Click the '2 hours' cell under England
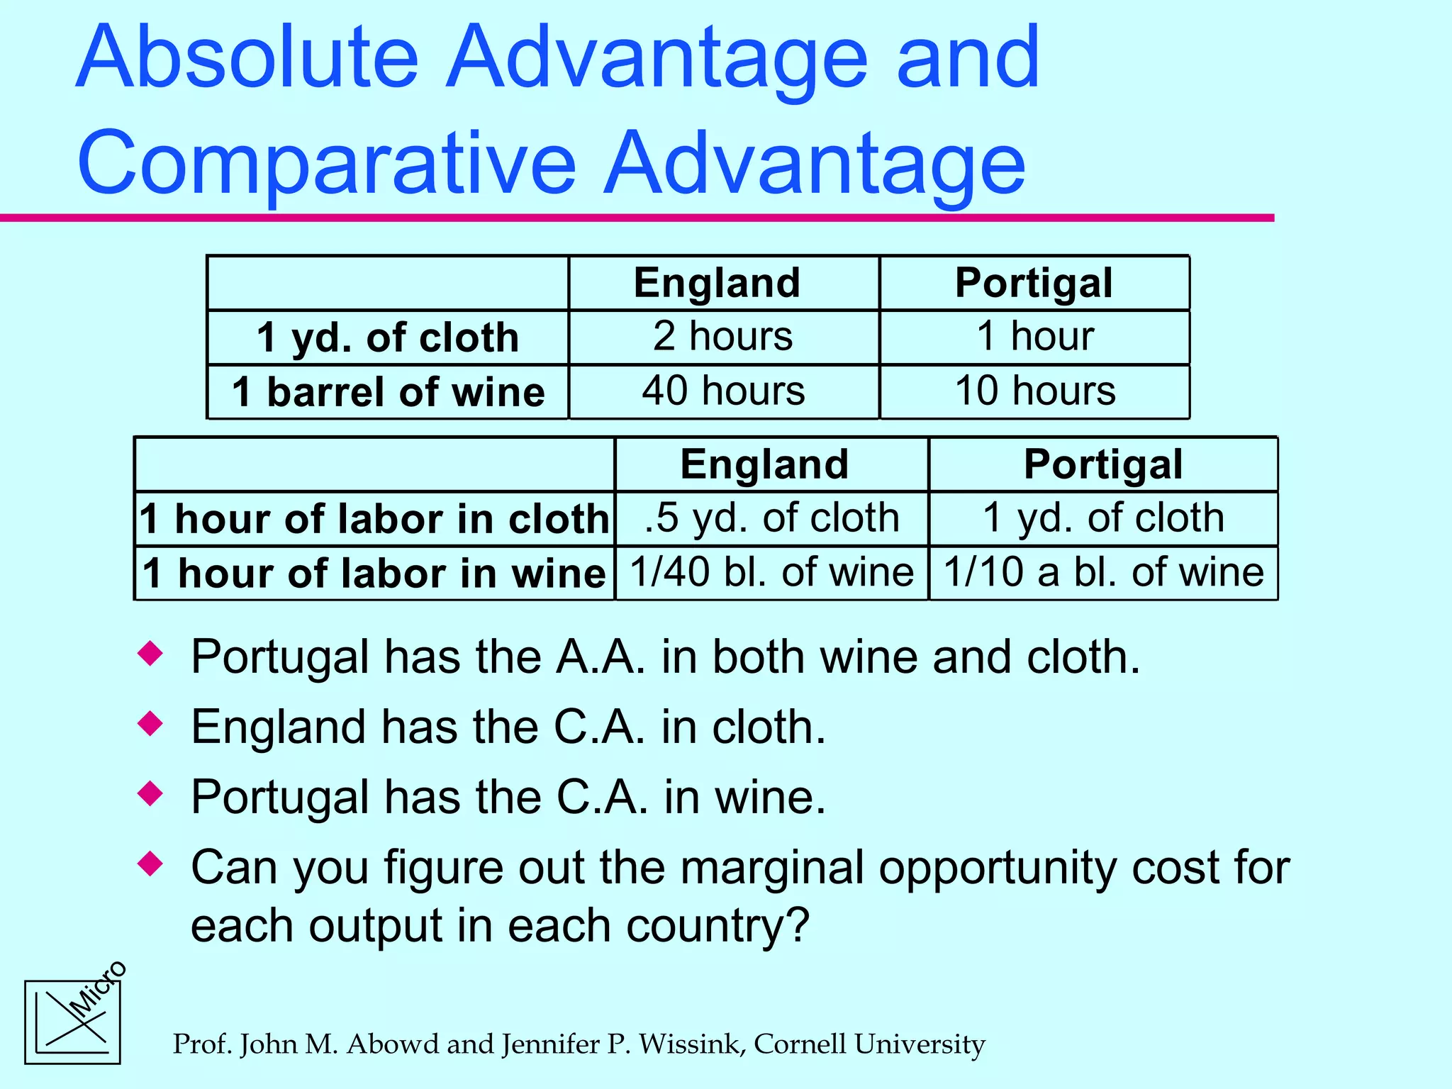click(x=723, y=337)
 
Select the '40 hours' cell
click(x=723, y=391)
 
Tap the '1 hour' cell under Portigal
click(x=1034, y=337)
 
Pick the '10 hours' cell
click(x=1034, y=391)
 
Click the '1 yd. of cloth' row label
click(x=388, y=337)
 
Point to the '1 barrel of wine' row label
click(x=388, y=392)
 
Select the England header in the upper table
click(x=717, y=283)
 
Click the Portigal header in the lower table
click(x=1103, y=464)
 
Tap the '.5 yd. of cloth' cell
click(x=771, y=518)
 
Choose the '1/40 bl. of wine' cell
click(x=771, y=573)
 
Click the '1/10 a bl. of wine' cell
click(x=1103, y=573)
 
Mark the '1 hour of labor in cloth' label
click(x=374, y=519)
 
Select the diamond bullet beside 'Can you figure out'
click(x=150, y=864)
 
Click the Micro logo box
click(x=72, y=1022)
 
